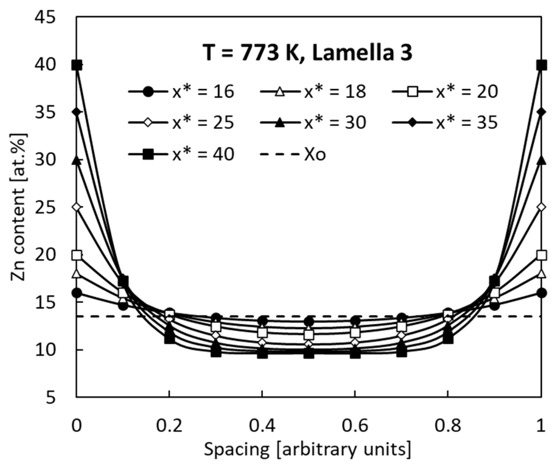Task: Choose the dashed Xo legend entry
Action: pos(293,154)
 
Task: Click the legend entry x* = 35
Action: pos(444,123)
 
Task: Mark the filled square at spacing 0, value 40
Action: pos(77,65)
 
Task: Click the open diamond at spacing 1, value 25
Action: pos(542,207)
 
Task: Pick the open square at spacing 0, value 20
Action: pos(77,255)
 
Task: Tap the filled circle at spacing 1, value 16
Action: pos(542,293)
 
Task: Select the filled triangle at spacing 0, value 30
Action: pos(77,160)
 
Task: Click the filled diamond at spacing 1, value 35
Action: pos(542,112)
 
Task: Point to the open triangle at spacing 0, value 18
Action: pos(77,274)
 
